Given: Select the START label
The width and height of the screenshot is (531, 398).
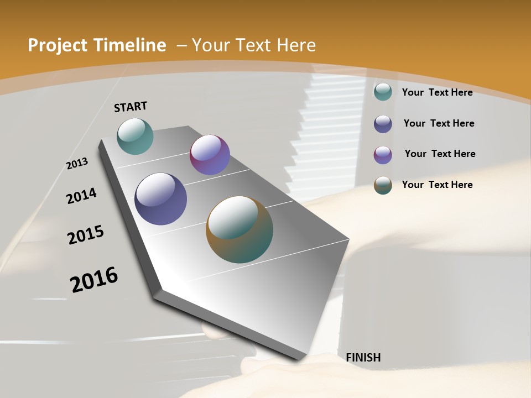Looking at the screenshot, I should pos(131,107).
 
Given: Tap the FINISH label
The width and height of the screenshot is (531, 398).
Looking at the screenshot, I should pos(363,358).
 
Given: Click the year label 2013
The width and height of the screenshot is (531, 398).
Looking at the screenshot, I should pos(77,164).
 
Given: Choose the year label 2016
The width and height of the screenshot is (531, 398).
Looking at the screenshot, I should pos(94,280).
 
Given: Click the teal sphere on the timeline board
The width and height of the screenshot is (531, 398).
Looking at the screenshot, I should pos(135,136).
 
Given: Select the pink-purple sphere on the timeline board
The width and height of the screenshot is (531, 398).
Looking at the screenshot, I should pos(210,155).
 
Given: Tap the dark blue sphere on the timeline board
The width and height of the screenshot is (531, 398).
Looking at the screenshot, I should pos(160,199).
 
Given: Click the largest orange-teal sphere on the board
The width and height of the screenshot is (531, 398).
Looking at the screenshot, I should pos(240,229).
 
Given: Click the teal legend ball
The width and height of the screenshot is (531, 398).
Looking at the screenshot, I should pos(383,92).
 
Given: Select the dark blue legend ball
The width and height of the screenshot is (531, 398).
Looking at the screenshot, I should pos(383,124).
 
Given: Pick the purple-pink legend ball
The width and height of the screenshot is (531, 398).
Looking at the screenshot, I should pos(383,155).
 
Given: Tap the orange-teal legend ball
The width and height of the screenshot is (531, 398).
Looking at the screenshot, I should pos(383,185).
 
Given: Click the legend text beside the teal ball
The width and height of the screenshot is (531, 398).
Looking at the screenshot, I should pos(437,92).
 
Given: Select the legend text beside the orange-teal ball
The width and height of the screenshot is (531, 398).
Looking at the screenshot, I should pos(437,185).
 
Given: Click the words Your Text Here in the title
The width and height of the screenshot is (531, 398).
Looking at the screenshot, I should pos(254,45).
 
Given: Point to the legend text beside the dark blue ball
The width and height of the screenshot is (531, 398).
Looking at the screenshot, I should pos(439,123).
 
